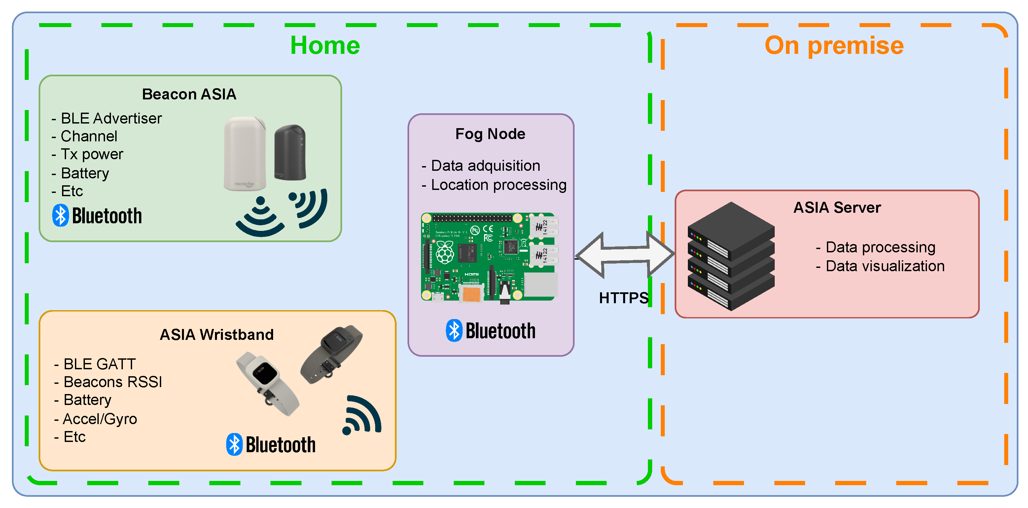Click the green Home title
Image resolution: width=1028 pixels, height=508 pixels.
pyautogui.click(x=325, y=45)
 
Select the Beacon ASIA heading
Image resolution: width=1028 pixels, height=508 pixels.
pyautogui.click(x=189, y=94)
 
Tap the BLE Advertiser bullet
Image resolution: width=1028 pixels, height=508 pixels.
pyautogui.click(x=107, y=119)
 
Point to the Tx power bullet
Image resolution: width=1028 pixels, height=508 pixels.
pyautogui.click(x=88, y=154)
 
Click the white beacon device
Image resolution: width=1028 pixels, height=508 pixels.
pyautogui.click(x=245, y=153)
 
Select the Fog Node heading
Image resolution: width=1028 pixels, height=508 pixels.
pyautogui.click(x=490, y=134)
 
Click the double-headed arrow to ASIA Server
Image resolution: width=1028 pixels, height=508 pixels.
pyautogui.click(x=625, y=255)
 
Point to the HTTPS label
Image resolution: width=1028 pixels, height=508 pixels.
pyautogui.click(x=623, y=298)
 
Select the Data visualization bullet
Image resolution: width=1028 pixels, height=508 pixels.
pyautogui.click(x=880, y=266)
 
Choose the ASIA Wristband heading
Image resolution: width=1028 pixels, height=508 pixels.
pyautogui.click(x=217, y=334)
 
